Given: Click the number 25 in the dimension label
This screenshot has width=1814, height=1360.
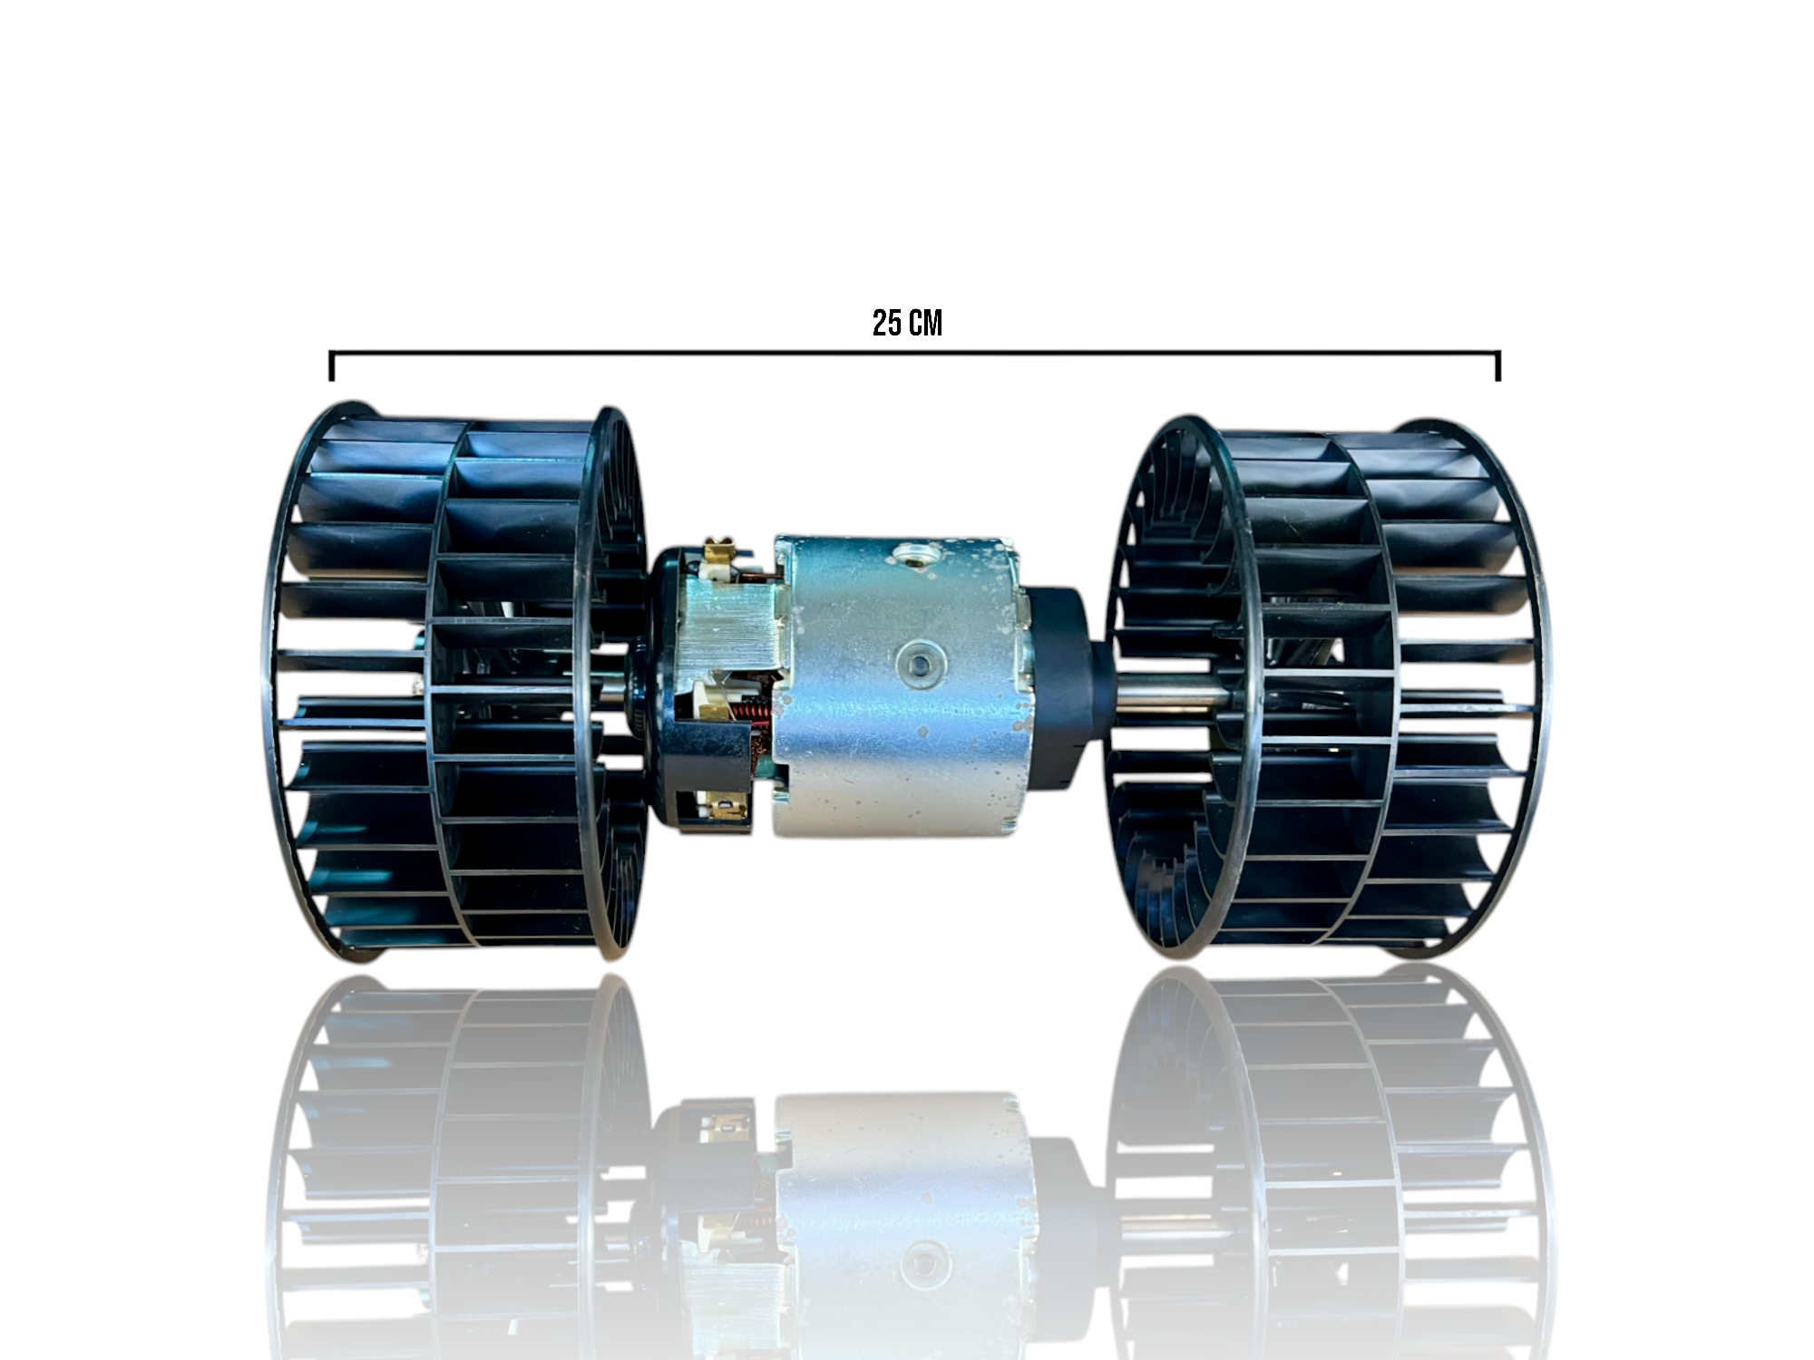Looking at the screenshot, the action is coord(885,323).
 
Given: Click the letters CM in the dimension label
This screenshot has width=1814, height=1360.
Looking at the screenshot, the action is coord(925,323).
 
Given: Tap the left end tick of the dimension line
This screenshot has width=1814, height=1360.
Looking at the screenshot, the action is coord(332,365).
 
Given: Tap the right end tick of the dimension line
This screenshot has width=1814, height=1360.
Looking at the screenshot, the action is coord(1498,365).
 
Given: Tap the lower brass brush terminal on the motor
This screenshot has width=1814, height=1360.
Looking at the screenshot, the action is coord(722,803).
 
